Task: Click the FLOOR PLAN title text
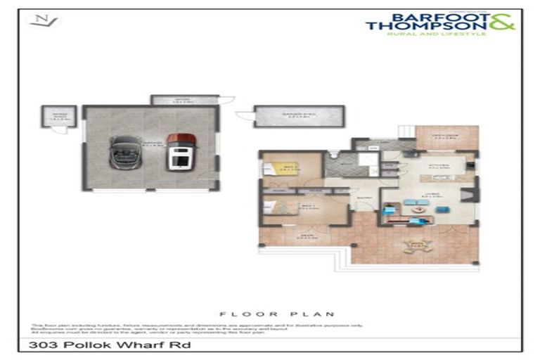tap(277, 314)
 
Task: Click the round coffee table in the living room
tap(420, 209)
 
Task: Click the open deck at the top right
tap(446, 137)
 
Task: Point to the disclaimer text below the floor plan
tap(190, 328)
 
